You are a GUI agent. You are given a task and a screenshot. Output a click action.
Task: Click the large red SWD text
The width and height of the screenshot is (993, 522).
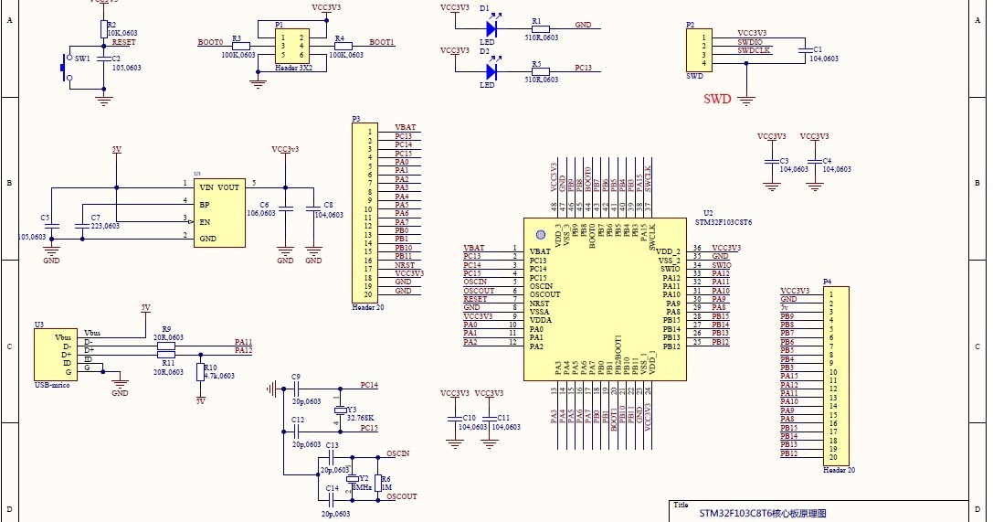(717, 99)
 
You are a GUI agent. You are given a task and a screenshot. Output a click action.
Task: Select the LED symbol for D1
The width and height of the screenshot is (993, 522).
(491, 29)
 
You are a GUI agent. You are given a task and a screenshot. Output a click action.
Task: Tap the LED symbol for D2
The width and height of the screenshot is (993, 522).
(491, 70)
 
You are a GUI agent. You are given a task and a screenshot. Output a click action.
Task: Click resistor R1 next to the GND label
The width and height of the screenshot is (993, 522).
(540, 29)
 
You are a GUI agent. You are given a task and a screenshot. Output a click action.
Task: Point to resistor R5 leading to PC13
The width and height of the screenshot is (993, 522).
(540, 70)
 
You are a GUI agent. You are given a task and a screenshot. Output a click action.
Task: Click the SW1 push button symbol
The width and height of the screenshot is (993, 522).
(65, 69)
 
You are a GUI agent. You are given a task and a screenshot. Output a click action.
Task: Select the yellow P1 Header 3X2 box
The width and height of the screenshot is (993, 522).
(292, 45)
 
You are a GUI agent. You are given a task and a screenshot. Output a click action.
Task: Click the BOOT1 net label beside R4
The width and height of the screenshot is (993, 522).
(382, 42)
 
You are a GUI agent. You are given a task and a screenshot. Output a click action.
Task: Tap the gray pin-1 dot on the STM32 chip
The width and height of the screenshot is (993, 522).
(540, 234)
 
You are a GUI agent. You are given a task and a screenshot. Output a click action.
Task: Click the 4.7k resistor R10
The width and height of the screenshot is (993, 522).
(200, 371)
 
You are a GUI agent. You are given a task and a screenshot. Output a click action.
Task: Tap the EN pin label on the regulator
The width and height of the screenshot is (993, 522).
(205, 221)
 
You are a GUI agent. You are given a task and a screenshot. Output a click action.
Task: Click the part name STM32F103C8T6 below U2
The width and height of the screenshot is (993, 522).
(724, 221)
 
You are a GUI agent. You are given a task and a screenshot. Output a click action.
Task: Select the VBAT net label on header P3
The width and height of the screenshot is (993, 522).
(405, 128)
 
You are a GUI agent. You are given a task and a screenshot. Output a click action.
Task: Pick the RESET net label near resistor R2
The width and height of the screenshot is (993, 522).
(123, 42)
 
